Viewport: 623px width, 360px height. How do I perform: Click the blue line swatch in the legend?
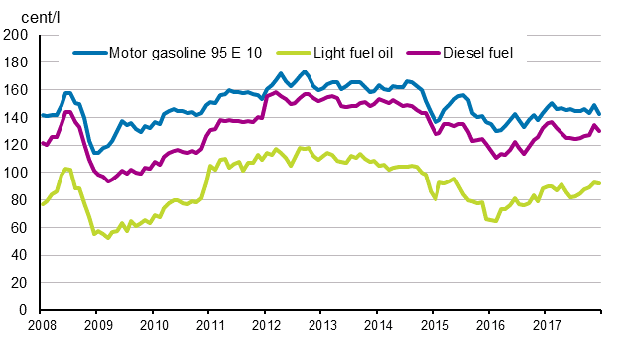click(89, 51)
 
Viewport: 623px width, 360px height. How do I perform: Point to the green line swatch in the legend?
click(295, 51)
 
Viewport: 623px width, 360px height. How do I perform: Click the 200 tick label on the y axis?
click(16, 35)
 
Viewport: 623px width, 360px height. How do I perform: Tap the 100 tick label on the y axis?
click(16, 173)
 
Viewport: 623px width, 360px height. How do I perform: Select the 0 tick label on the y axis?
click(23, 311)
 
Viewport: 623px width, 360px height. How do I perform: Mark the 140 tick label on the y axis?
click(16, 117)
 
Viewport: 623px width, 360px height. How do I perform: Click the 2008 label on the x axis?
click(41, 325)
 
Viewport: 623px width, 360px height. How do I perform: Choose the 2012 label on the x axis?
click(265, 325)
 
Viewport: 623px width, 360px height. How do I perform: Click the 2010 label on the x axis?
click(153, 325)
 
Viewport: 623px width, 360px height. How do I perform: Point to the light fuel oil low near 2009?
click(108, 238)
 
